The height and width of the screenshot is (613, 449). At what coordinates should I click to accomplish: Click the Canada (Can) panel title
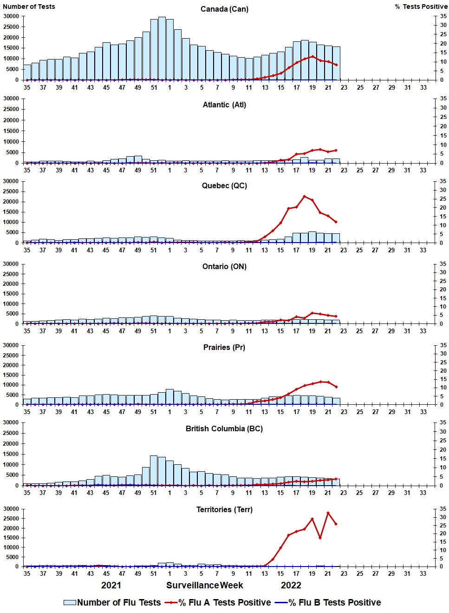click(224, 9)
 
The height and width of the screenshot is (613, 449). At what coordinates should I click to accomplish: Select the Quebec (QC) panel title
click(224, 186)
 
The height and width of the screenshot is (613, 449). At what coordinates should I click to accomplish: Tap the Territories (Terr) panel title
click(224, 510)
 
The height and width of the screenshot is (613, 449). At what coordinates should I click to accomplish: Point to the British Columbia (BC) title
click(224, 429)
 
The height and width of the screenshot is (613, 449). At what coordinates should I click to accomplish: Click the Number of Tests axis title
click(29, 7)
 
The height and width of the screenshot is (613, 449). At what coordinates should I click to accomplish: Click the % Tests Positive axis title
click(421, 7)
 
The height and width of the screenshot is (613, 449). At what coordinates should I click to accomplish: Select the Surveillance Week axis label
click(205, 586)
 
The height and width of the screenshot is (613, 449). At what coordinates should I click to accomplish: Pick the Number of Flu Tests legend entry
click(112, 603)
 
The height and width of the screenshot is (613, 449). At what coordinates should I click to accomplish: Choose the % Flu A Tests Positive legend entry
click(218, 603)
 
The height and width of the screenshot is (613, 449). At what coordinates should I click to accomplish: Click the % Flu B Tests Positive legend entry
click(328, 603)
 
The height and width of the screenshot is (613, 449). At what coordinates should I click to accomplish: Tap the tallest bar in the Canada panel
click(162, 46)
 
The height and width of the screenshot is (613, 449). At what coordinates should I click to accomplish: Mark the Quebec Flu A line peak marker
click(304, 197)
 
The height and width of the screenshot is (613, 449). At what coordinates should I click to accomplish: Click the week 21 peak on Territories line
click(328, 513)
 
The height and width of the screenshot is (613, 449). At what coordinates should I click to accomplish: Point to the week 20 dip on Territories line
click(320, 538)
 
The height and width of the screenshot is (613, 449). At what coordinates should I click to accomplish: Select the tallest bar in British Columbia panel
click(154, 470)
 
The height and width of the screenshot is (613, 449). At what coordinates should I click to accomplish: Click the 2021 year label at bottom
click(111, 586)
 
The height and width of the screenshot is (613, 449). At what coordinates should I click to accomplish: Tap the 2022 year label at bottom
click(291, 586)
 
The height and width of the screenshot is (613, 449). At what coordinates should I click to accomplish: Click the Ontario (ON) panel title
click(224, 267)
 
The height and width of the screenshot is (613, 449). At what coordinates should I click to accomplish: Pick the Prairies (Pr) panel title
click(224, 348)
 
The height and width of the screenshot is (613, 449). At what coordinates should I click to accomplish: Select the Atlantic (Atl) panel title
click(224, 105)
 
